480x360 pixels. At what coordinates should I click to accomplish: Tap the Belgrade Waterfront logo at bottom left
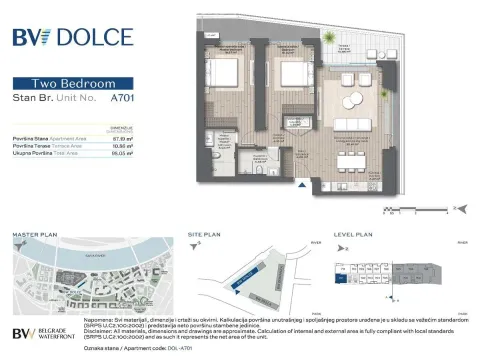coord(45,335)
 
